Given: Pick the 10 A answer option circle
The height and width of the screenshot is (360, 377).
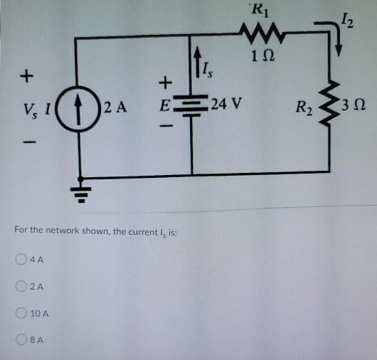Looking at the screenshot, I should [x=22, y=313].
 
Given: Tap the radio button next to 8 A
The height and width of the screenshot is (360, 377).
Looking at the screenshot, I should [x=22, y=340].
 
